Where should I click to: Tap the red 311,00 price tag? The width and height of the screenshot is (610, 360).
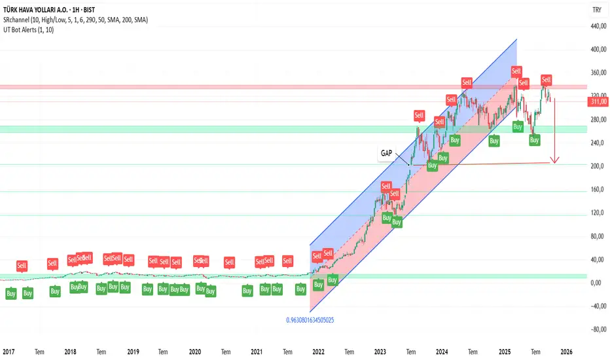(599, 101)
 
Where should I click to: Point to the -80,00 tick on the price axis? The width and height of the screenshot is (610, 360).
(597, 329)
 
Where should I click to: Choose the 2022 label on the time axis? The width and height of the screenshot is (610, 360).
(319, 351)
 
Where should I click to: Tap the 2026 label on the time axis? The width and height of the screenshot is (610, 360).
(566, 351)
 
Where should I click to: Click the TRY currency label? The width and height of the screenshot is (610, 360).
(597, 9)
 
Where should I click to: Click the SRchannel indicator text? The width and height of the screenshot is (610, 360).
(76, 20)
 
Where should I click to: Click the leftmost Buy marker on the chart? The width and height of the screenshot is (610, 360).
(11, 294)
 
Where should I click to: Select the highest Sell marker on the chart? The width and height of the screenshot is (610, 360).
(516, 71)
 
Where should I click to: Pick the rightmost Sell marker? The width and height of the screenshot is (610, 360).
(547, 81)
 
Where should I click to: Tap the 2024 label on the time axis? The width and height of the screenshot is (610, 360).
(442, 351)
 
